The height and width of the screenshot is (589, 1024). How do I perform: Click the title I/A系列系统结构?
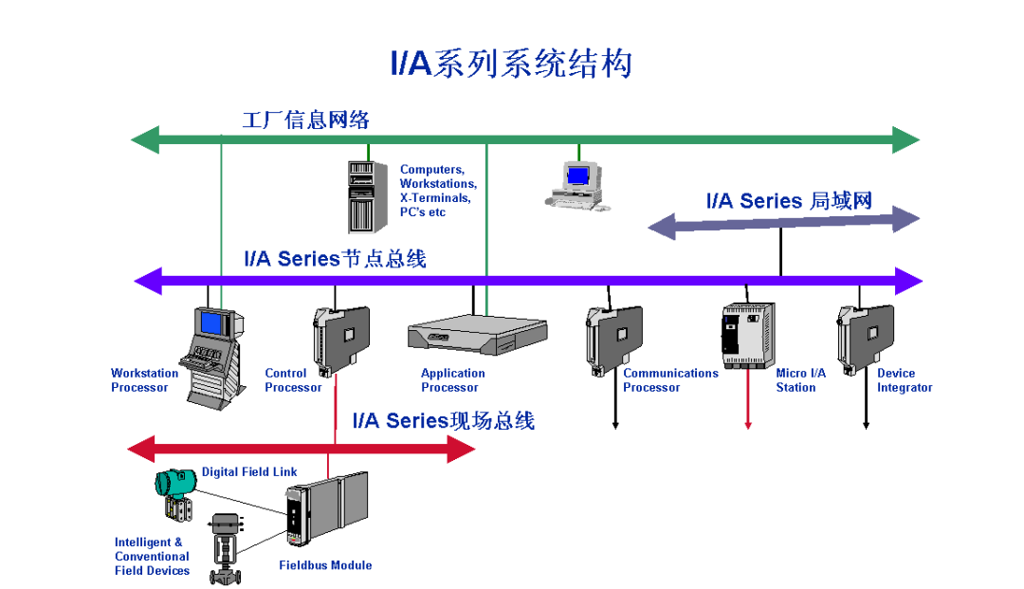[511, 64]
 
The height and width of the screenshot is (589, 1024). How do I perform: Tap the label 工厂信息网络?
[305, 120]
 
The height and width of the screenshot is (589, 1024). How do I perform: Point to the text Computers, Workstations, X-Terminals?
[437, 191]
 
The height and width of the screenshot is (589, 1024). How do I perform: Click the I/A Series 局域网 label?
[789, 201]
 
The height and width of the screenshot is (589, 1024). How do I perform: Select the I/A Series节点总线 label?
[335, 258]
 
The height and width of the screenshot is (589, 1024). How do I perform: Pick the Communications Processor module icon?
[613, 338]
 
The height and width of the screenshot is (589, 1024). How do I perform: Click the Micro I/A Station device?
[747, 335]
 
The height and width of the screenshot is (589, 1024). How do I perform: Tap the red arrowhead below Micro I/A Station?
[747, 425]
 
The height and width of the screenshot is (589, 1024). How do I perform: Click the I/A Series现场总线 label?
[443, 420]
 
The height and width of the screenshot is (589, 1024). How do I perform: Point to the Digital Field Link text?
[249, 471]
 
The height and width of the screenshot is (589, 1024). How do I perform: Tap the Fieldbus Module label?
[325, 565]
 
